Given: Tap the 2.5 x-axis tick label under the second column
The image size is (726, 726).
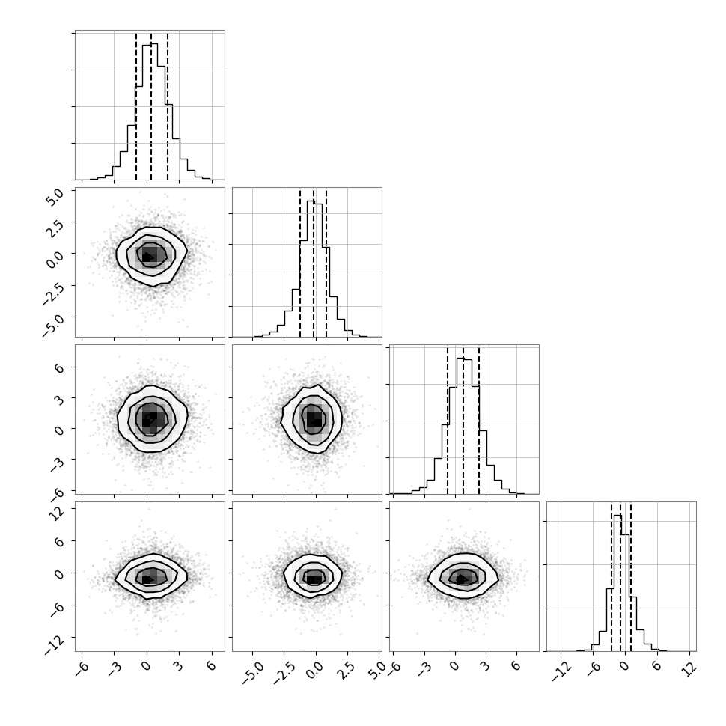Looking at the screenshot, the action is [346, 671].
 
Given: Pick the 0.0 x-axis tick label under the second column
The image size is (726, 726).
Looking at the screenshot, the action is [314, 671].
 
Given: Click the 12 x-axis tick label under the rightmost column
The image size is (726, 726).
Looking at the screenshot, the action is [689, 668].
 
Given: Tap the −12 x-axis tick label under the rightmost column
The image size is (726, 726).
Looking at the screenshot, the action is [561, 671].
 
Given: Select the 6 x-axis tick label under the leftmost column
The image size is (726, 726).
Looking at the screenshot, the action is [211, 666].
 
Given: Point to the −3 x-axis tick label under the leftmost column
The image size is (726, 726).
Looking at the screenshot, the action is [115, 668].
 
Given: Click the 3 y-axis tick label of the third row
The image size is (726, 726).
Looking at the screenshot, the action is [59, 399].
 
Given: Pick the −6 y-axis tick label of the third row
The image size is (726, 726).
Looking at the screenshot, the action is [56, 492].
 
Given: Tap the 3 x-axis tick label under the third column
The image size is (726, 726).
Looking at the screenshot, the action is [485, 666].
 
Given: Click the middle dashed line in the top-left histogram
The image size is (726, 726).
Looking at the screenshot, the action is [151, 106].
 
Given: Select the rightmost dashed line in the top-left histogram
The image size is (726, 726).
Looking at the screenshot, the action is [168, 106].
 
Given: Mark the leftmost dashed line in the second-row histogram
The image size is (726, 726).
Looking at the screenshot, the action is [300, 263].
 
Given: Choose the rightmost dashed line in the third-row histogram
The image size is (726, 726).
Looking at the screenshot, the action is [479, 420].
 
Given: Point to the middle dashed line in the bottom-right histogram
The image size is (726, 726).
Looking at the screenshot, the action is [620, 577].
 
